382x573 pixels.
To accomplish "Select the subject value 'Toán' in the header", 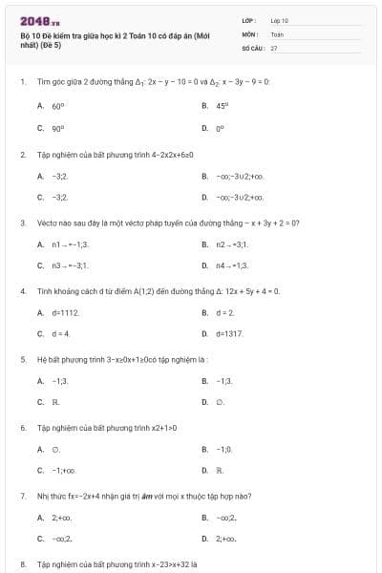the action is (x=278, y=33).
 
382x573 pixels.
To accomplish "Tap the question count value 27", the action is (x=274, y=47).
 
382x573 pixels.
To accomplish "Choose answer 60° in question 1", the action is (x=58, y=107).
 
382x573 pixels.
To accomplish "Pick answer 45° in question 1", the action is (x=222, y=107).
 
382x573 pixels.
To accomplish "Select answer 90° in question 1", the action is (x=58, y=127).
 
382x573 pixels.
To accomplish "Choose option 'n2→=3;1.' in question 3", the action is (x=232, y=245).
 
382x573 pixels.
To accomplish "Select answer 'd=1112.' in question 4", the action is (x=66, y=312).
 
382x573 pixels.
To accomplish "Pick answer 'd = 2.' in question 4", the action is (x=224, y=312).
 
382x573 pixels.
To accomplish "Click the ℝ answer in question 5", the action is (x=55, y=402).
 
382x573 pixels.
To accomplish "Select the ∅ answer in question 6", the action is (x=56, y=448).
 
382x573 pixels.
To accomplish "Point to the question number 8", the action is (x=22, y=564).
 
